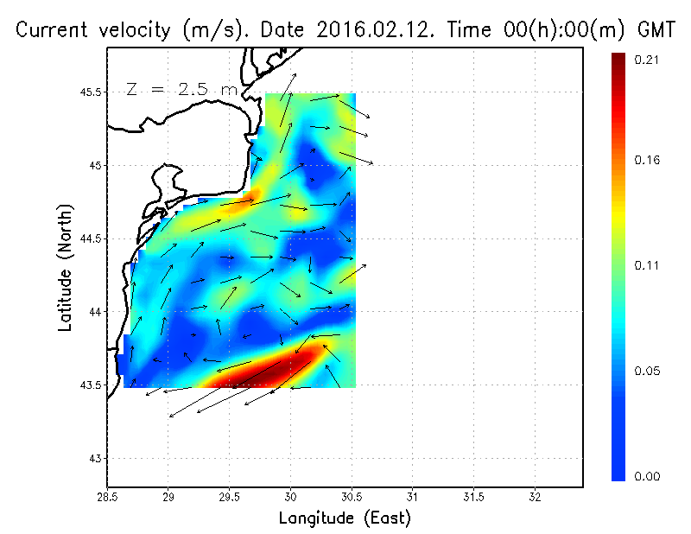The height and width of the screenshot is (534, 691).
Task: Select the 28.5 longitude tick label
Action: [107, 496]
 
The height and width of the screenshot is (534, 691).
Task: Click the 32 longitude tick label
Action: [535, 496]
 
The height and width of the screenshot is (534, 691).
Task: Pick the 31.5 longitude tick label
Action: [473, 496]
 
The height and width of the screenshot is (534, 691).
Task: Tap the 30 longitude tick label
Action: [290, 496]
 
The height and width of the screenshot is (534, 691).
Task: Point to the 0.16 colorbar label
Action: [648, 160]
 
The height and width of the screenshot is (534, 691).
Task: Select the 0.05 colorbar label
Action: [648, 372]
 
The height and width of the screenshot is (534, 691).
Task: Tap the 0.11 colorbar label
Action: [648, 265]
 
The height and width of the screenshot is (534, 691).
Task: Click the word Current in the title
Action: [52, 30]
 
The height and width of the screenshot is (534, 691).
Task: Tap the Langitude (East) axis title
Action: [345, 518]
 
